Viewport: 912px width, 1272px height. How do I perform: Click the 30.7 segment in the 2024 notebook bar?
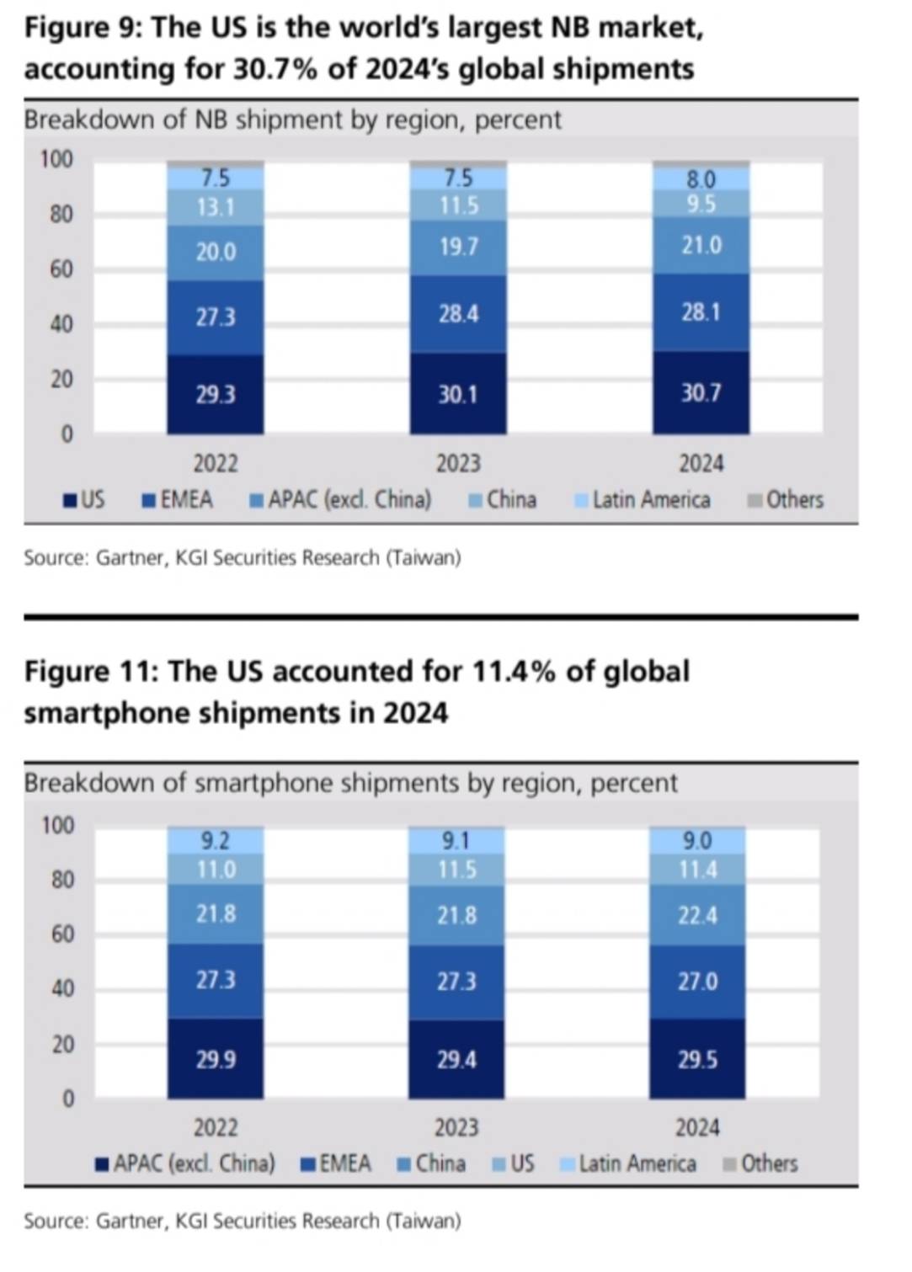[x=701, y=393]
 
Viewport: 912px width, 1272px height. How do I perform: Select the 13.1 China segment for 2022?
[x=216, y=207]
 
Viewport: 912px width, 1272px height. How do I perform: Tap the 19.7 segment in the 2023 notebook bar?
[x=458, y=247]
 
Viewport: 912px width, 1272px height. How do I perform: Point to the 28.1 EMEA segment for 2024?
[x=701, y=312]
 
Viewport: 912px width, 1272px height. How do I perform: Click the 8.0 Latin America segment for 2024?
[x=701, y=179]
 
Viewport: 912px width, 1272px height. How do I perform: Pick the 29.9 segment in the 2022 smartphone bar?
[x=216, y=1059]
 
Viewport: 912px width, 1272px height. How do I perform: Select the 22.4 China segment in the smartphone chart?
[x=697, y=915]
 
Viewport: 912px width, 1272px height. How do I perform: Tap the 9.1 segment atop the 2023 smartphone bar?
[x=456, y=841]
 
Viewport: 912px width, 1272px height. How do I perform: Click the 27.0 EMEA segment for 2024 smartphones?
[x=697, y=982]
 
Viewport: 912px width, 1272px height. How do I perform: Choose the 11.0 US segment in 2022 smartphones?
[x=216, y=870]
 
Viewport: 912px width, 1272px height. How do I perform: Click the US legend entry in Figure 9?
[x=85, y=500]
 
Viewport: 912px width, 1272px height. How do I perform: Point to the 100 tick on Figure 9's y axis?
[x=57, y=159]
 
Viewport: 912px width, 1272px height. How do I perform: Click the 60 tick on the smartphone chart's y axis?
[x=63, y=934]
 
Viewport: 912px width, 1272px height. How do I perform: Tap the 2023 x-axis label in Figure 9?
[x=458, y=464]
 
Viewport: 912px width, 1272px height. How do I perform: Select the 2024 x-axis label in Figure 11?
[x=697, y=1128]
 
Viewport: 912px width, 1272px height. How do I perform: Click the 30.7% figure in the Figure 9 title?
[x=275, y=69]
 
